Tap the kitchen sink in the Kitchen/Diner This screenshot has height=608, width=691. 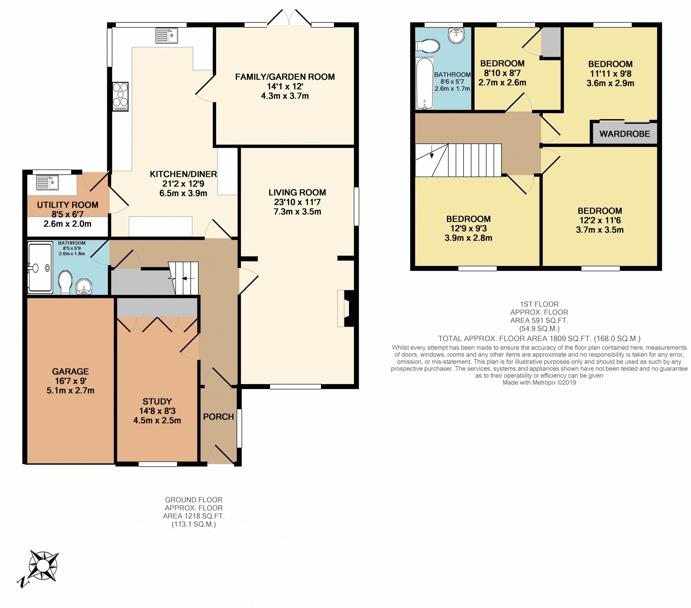(167, 36)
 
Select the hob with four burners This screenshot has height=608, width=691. (120, 97)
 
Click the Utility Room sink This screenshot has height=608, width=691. (47, 183)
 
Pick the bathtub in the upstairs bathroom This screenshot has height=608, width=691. (425, 84)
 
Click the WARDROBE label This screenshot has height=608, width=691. (625, 134)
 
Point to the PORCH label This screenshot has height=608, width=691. (218, 417)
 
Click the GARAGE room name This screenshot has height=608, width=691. (70, 371)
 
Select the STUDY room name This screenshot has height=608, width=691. (157, 401)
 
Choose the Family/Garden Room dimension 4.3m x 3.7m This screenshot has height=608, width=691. (285, 96)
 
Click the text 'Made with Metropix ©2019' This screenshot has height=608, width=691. (539, 382)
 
